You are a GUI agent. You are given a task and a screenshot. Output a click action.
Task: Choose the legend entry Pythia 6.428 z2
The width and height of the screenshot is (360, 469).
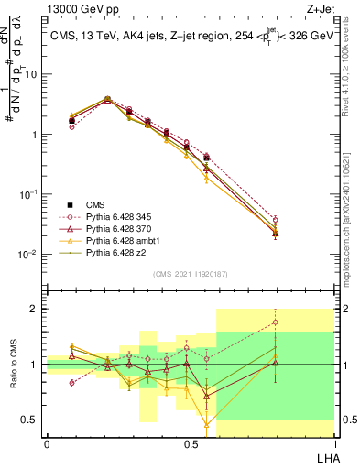pyautogui.click(x=116, y=251)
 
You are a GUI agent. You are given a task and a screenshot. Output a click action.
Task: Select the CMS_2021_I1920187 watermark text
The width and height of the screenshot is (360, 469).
pyautogui.click(x=190, y=274)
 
